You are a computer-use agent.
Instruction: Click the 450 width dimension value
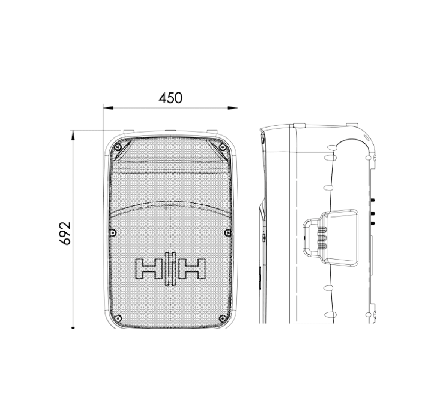pos(171,98)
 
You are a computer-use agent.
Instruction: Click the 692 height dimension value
pos(65,233)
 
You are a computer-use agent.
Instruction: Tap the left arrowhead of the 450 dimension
pos(108,108)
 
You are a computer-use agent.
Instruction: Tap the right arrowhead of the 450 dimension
pos(233,108)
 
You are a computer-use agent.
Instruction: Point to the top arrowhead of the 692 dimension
pos(73,135)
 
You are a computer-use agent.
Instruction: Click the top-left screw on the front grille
pos(118,147)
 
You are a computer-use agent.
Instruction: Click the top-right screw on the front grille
pos(223,147)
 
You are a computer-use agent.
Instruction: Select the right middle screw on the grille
pos(228,233)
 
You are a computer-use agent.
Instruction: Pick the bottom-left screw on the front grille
pos(117,318)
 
